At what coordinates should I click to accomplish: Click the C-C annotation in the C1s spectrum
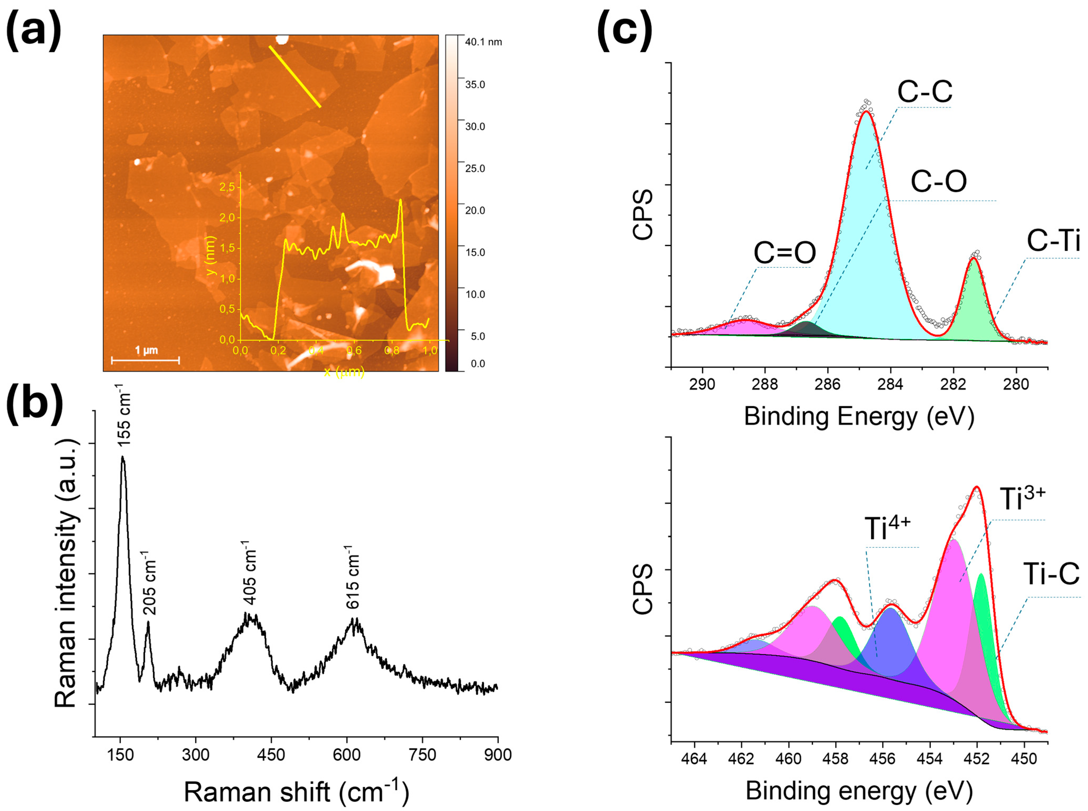point(924,91)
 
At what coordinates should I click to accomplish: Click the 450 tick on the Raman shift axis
point(271,755)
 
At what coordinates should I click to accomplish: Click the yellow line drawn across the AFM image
point(295,76)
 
